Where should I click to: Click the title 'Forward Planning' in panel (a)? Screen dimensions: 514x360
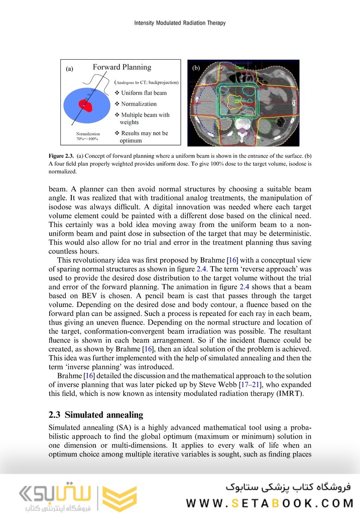click(x=122, y=67)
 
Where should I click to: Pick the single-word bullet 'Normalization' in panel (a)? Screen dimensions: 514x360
click(x=139, y=104)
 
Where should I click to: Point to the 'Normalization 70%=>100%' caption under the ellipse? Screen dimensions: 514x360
click(x=88, y=137)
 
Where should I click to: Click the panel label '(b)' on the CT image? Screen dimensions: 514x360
click(x=196, y=67)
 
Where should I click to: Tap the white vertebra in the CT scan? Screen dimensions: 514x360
click(x=243, y=124)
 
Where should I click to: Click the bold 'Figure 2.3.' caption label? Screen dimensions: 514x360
click(x=61, y=155)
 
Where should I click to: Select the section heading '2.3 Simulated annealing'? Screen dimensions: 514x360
click(x=96, y=415)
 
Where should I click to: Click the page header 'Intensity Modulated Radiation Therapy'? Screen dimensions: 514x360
click(x=180, y=23)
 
